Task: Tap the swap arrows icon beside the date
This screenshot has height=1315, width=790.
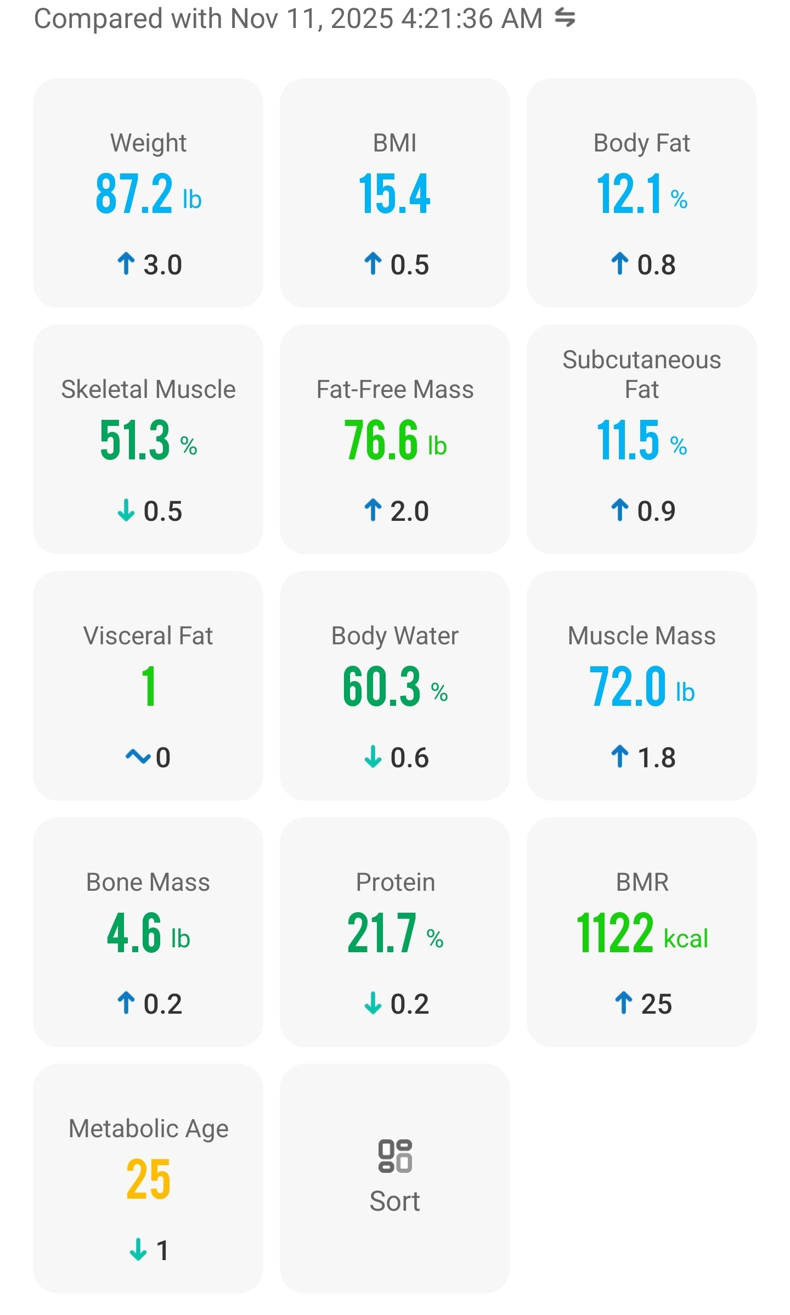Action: click(x=565, y=18)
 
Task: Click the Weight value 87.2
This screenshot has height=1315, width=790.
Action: click(x=134, y=194)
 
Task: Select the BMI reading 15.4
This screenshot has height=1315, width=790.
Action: click(x=394, y=194)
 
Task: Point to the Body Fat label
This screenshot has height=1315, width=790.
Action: click(x=641, y=143)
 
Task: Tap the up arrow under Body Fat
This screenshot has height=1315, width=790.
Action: click(x=619, y=264)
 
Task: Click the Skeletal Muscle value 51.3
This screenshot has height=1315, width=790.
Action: click(x=135, y=440)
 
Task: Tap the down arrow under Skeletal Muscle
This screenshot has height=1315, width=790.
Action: click(x=126, y=510)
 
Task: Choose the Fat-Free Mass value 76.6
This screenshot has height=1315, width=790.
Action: click(x=381, y=440)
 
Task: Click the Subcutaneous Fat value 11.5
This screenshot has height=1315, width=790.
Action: click(x=628, y=440)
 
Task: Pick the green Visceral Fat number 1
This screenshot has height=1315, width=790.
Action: click(x=148, y=687)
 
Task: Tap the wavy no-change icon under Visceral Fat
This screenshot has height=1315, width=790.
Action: click(x=138, y=757)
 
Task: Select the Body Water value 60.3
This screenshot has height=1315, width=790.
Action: click(x=382, y=687)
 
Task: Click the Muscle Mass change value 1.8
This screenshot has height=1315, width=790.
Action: click(x=656, y=758)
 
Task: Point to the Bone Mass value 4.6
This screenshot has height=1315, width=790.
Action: click(x=134, y=933)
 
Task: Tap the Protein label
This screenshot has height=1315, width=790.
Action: click(x=395, y=883)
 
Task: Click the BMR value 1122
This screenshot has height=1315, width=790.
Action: click(x=615, y=933)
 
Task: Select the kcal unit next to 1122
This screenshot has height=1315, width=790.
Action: click(x=686, y=939)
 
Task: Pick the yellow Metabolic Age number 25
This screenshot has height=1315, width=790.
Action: click(x=148, y=1179)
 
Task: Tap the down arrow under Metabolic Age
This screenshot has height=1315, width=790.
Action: click(x=138, y=1250)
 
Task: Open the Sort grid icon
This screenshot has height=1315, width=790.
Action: click(x=395, y=1156)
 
